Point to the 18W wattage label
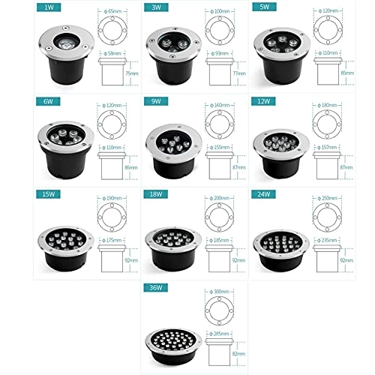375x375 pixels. point(154,193)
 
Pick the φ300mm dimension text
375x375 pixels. point(218,291)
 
